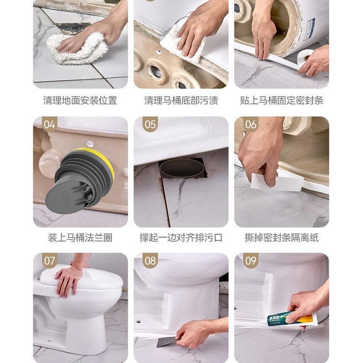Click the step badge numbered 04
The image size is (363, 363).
(50, 124)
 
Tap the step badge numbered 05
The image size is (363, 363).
(151, 124)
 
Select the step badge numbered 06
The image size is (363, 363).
(251, 124)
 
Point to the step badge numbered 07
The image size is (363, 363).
(50, 261)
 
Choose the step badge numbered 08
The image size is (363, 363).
(151, 261)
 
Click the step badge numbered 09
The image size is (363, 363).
(251, 261)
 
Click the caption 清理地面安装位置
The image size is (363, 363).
(80, 101)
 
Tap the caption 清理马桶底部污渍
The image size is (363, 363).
(181, 101)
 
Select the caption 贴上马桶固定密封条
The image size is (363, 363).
(282, 101)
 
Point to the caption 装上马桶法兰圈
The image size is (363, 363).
(80, 238)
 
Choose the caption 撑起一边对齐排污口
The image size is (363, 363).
(181, 238)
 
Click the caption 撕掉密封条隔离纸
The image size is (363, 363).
(282, 238)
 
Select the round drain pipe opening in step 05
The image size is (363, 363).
(182, 168)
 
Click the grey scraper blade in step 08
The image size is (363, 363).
(167, 342)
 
